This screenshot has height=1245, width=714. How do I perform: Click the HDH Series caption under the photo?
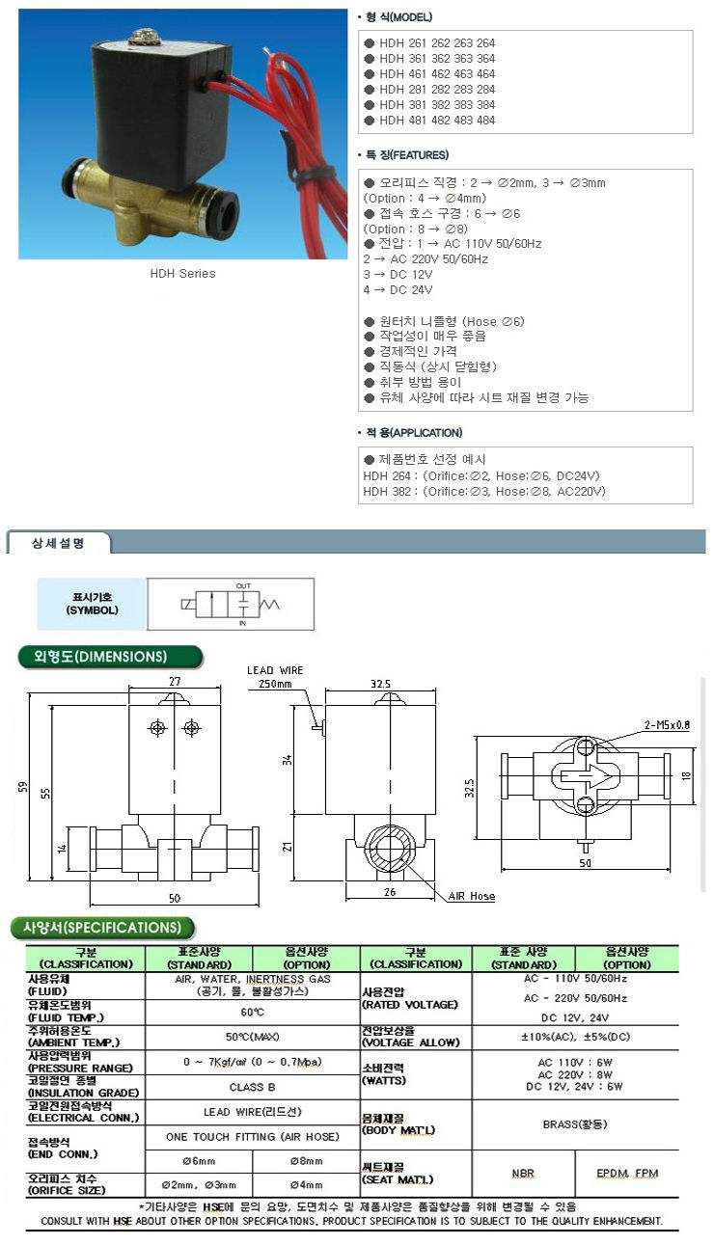click(182, 273)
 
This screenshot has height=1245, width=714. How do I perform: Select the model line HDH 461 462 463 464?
click(437, 74)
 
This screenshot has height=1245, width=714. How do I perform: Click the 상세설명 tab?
click(59, 544)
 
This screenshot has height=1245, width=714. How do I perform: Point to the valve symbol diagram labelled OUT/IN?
click(231, 604)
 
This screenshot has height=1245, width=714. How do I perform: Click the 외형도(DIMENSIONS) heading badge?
click(111, 657)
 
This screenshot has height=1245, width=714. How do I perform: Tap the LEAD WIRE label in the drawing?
click(275, 669)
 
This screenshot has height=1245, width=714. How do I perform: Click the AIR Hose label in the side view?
click(471, 896)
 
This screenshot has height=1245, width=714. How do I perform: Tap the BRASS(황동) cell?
click(575, 1123)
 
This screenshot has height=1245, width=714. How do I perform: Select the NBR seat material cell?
click(523, 1173)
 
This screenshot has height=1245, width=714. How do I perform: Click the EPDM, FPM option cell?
click(626, 1173)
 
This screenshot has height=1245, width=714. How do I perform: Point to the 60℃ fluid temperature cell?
click(253, 1013)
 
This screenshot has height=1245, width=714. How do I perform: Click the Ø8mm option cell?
click(305, 1161)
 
